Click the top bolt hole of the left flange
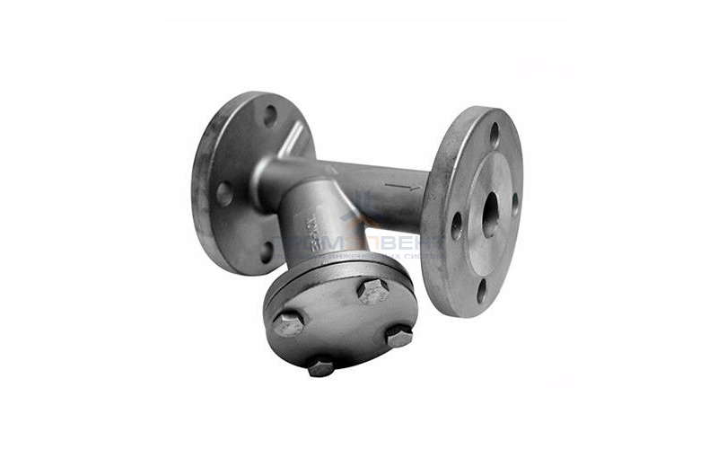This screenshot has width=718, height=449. point(270,115)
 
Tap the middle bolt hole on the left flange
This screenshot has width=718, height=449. point(224,193)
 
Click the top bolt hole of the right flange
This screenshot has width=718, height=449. point(494,135)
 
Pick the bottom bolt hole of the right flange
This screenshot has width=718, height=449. point(482,290)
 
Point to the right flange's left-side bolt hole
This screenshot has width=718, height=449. point(457,224)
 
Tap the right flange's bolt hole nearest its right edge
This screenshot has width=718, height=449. point(515,203)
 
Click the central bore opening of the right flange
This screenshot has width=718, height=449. point(490,215)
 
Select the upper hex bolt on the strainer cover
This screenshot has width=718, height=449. point(373,290)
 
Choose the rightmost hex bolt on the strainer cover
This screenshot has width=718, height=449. point(398,336)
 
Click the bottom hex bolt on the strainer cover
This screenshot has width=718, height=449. point(320,366)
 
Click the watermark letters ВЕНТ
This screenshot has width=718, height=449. point(409,243)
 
